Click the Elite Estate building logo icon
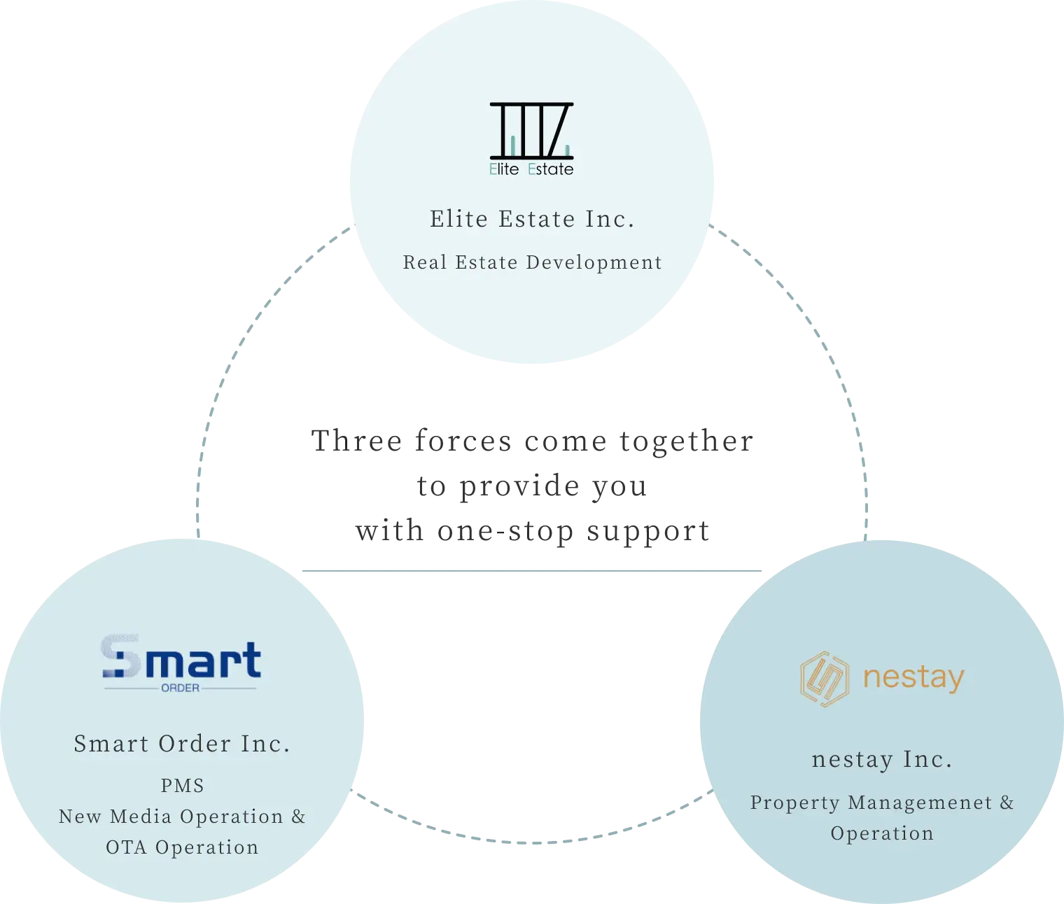(532, 131)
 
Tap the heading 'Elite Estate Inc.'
(532, 219)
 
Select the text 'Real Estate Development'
(532, 262)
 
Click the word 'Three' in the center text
(357, 441)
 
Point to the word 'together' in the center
(687, 442)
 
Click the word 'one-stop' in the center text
(505, 531)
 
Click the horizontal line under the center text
(532, 570)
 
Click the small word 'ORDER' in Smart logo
(180, 688)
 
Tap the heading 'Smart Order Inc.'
(182, 744)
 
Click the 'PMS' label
(182, 786)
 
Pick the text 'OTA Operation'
(182, 847)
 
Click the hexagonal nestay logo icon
(824, 679)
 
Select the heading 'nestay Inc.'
(882, 759)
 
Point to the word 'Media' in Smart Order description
(141, 817)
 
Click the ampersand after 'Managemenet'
(1007, 802)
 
